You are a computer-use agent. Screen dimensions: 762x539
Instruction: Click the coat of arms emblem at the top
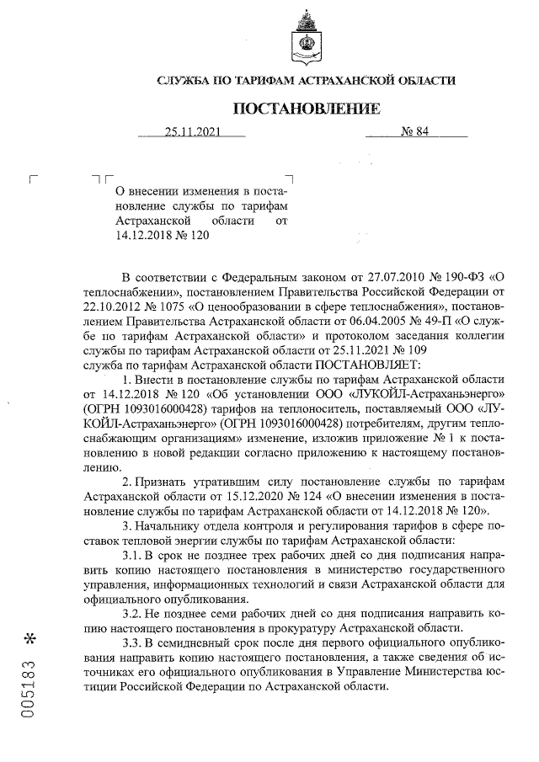306,38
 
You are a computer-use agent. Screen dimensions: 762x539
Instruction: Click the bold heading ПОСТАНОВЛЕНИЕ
306,109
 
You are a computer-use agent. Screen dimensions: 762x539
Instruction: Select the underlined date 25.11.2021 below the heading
192,131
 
